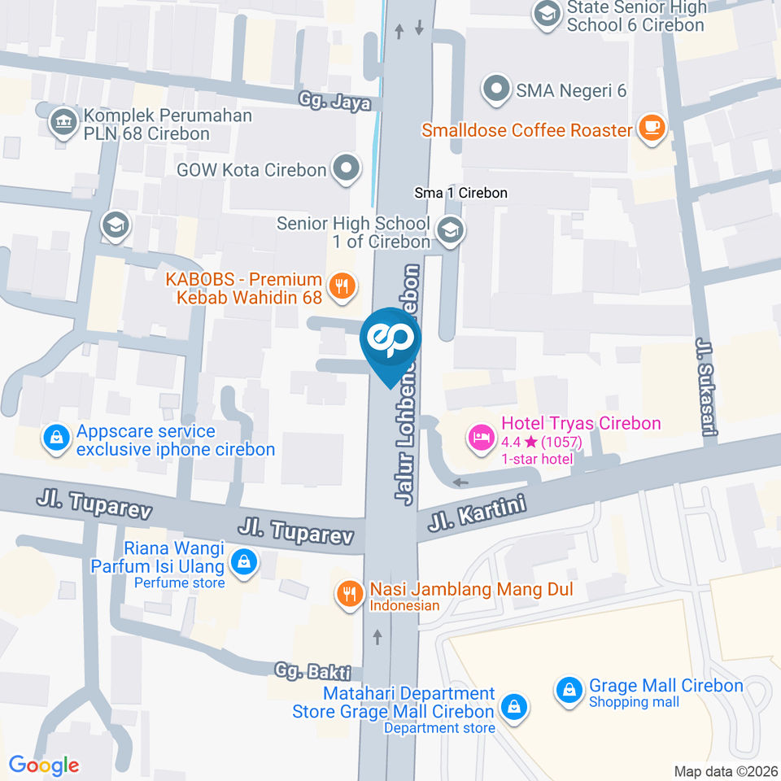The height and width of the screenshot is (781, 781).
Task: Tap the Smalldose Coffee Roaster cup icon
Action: [652, 128]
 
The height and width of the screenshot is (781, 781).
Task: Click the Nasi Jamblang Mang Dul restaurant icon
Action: [351, 593]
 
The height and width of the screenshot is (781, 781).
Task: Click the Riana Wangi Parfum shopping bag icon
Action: [242, 561]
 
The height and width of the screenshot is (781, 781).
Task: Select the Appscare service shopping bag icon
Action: [55, 438]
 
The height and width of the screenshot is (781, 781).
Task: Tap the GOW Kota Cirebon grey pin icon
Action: [347, 169]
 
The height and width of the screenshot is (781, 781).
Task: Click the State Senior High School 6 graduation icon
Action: [546, 14]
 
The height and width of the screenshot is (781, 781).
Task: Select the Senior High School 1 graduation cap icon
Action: [448, 231]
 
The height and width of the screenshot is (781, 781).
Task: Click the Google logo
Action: [44, 765]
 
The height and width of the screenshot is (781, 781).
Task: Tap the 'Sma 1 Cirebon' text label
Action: [460, 193]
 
